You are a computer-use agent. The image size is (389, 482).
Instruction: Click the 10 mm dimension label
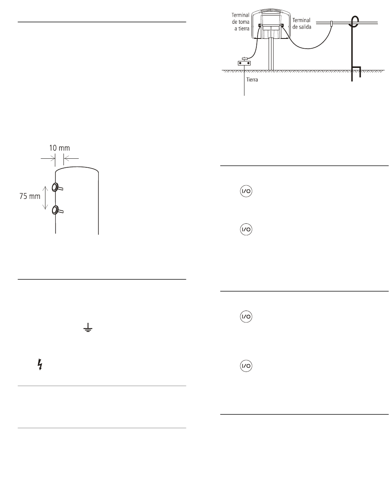(59, 148)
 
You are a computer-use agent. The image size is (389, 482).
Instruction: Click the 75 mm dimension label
(29, 196)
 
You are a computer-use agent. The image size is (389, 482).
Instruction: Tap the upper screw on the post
(57, 187)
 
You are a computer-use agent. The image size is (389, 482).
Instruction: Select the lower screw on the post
(57, 210)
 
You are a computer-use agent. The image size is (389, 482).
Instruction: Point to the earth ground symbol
(88, 328)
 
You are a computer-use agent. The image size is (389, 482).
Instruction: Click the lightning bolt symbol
(40, 364)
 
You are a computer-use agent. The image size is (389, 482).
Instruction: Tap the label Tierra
(252, 80)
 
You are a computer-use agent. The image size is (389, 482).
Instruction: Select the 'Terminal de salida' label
(301, 24)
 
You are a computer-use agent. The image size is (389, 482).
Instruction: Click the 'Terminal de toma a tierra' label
(240, 22)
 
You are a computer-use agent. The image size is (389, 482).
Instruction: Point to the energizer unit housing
(271, 24)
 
